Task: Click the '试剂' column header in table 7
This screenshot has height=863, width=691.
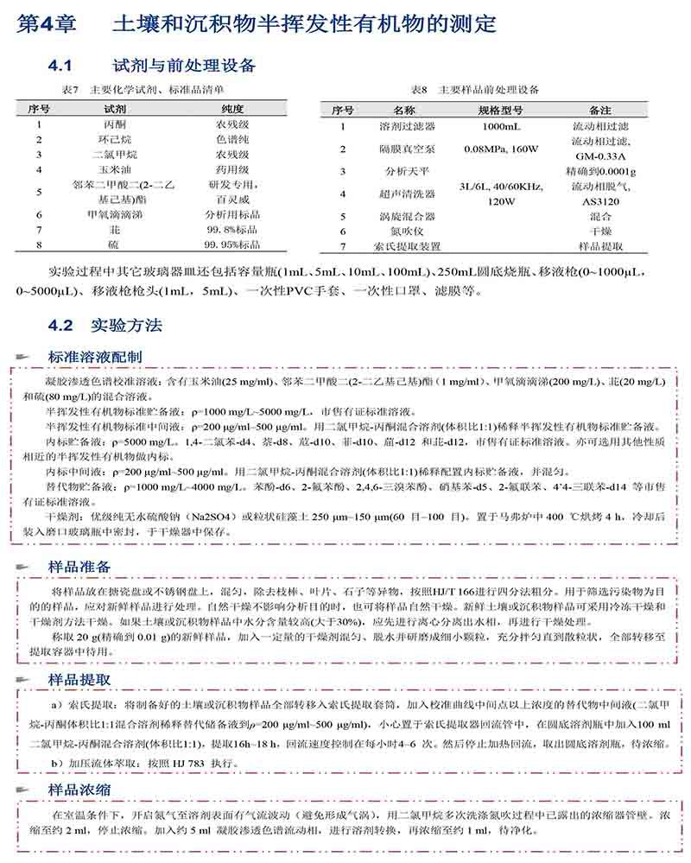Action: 114,109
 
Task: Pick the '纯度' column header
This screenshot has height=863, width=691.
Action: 233,109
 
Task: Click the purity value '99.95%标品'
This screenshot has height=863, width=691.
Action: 233,245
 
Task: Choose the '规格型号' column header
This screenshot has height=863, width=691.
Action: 489,111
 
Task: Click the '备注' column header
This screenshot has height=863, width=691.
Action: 599,111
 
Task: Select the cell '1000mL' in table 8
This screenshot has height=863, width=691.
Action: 489,126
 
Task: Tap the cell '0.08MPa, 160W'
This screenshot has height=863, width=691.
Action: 489,149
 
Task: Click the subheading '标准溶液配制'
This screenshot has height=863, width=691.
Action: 95,357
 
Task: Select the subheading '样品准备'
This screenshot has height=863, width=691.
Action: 79,566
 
